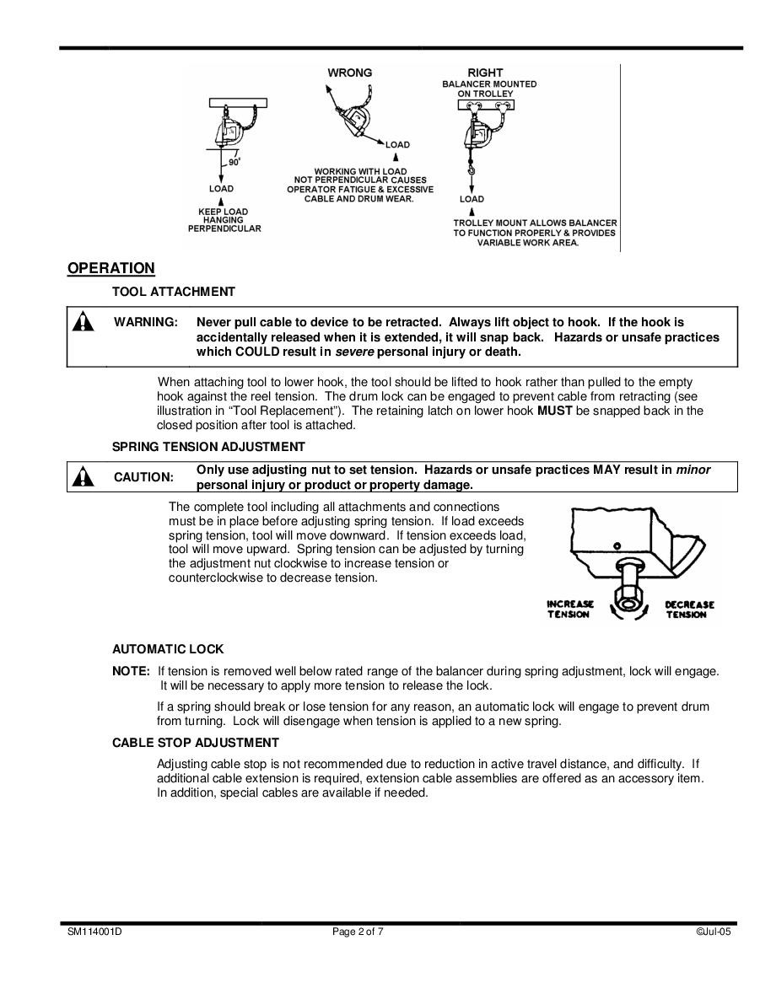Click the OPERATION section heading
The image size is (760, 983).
(x=111, y=268)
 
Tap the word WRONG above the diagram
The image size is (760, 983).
(x=349, y=73)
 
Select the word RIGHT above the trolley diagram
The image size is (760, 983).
(x=485, y=73)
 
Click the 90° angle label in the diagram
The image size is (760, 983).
(x=234, y=162)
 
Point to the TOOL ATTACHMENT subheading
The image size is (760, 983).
(x=174, y=292)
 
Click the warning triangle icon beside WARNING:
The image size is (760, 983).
(x=83, y=323)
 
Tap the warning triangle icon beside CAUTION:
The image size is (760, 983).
(x=83, y=477)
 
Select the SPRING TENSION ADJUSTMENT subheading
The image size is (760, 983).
(x=208, y=447)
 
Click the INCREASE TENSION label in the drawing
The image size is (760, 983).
(x=570, y=610)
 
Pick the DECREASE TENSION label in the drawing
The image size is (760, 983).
(x=689, y=610)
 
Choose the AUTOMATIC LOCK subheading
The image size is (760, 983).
(x=168, y=649)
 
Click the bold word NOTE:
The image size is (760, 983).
(x=131, y=671)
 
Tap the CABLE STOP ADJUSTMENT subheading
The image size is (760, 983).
(x=195, y=743)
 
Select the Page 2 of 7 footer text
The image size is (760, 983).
(x=358, y=932)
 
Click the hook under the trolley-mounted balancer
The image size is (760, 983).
(x=472, y=174)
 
